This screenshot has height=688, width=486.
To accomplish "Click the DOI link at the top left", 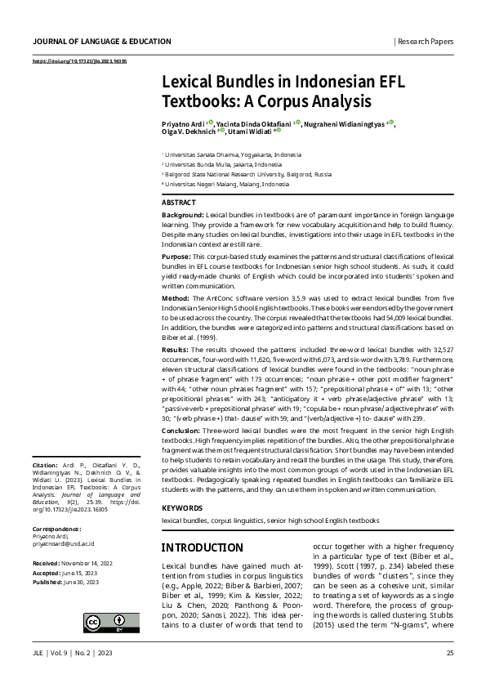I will click(78, 62).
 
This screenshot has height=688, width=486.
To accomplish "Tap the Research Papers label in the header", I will click(426, 40).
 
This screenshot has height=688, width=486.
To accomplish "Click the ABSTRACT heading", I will click(179, 201).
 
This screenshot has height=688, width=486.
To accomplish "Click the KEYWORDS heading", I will click(182, 507).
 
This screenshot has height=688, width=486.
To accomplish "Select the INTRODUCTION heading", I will click(202, 547).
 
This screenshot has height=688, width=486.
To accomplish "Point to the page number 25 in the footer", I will click(450, 654).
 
